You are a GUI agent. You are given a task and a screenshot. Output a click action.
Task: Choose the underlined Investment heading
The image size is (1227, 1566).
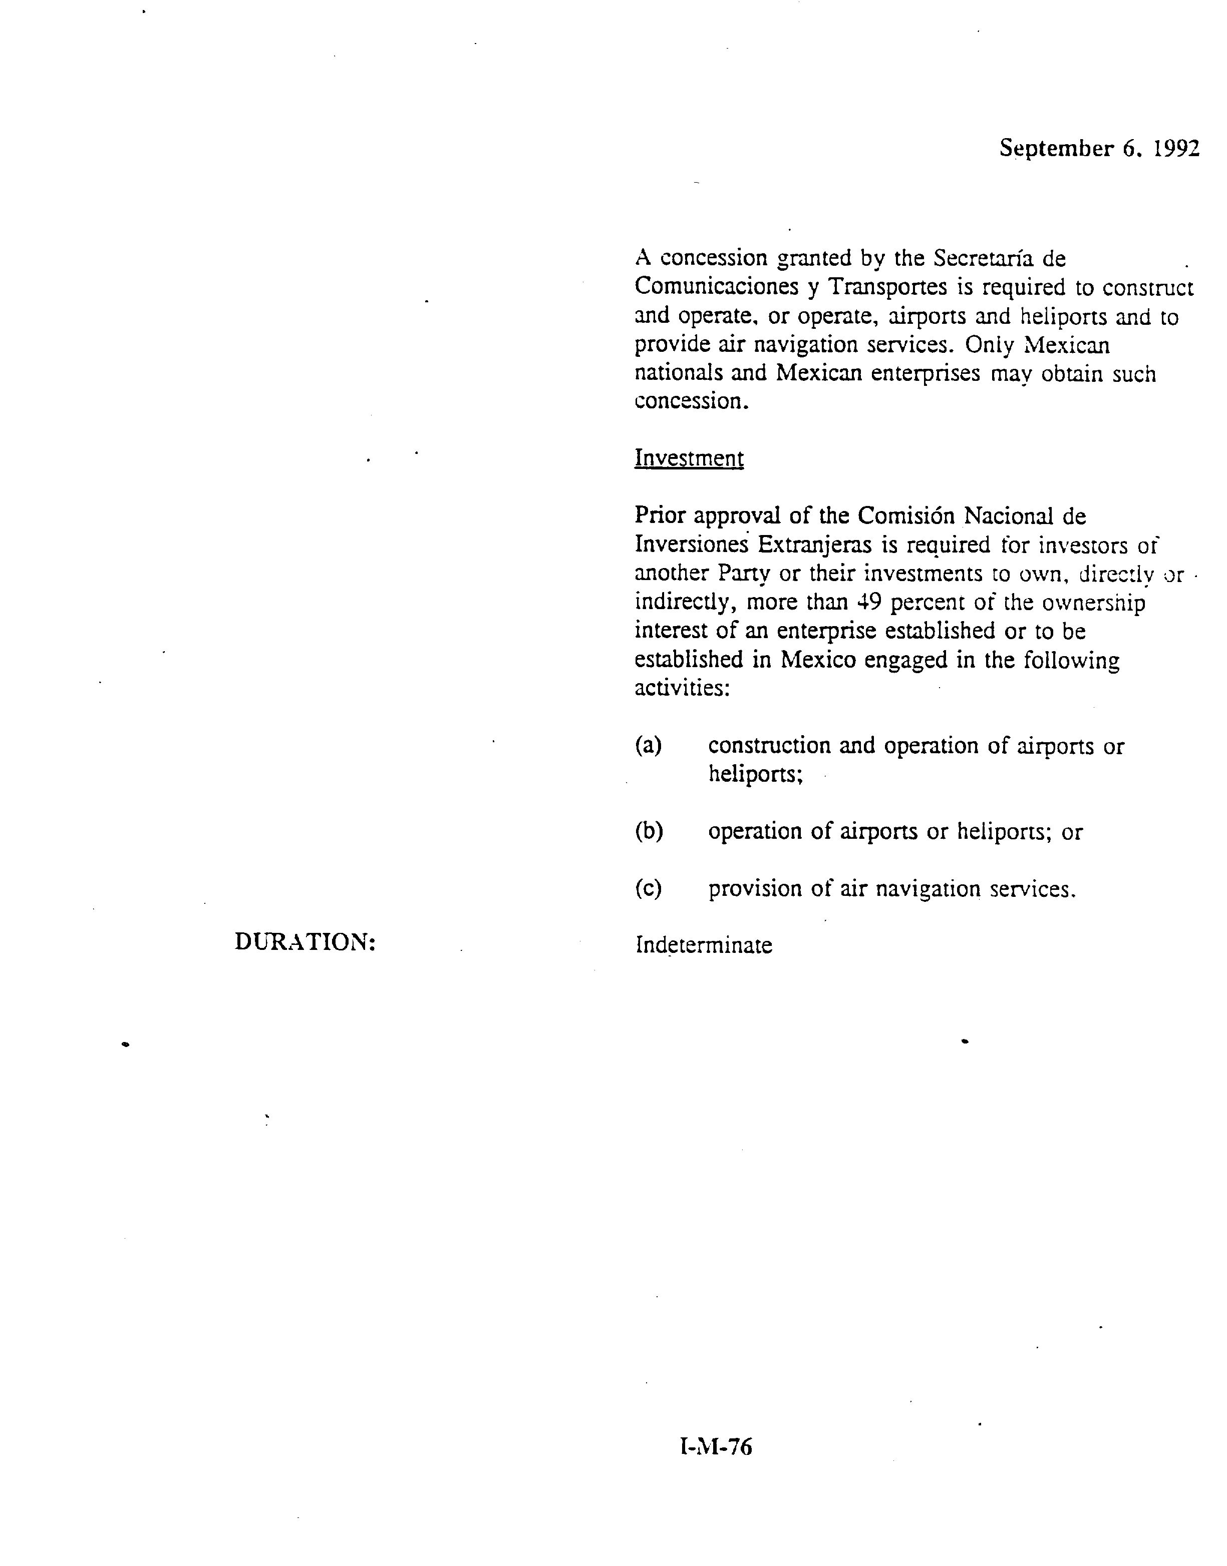click(x=688, y=458)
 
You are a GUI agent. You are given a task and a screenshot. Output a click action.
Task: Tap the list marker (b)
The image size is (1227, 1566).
click(x=648, y=831)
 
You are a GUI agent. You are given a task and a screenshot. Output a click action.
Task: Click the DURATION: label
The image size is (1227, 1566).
click(x=305, y=942)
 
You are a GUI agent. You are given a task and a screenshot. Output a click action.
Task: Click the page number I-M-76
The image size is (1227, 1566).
click(x=716, y=1447)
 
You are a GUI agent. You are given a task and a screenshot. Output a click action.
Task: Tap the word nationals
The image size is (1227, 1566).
click(x=678, y=373)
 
